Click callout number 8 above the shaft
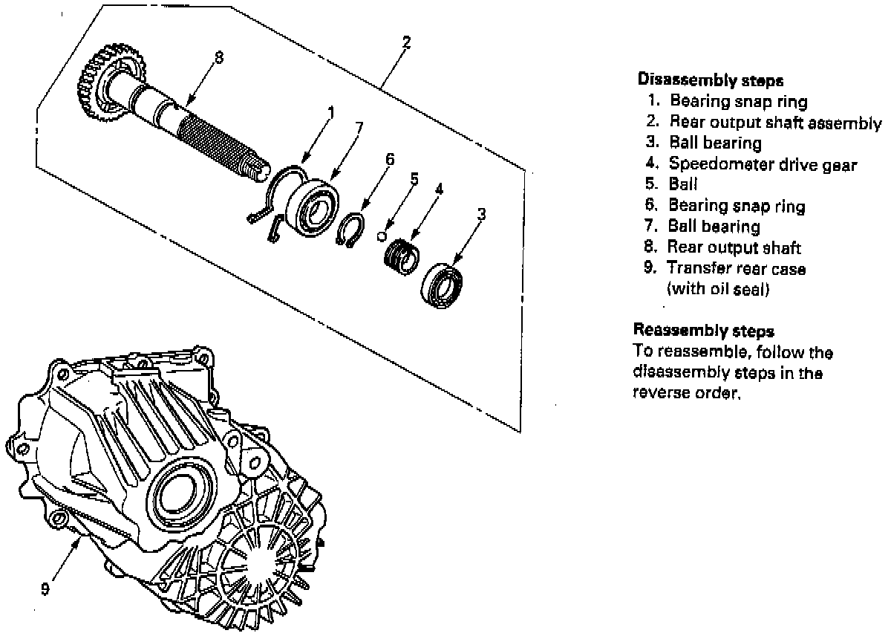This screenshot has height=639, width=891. click(x=218, y=56)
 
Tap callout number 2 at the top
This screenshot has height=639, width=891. click(x=405, y=42)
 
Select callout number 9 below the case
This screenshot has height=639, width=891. click(x=45, y=589)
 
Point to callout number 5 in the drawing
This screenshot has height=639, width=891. click(x=414, y=179)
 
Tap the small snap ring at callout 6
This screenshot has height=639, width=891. click(x=350, y=229)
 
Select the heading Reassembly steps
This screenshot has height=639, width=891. click(x=703, y=330)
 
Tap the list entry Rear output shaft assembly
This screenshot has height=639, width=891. click(x=775, y=122)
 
